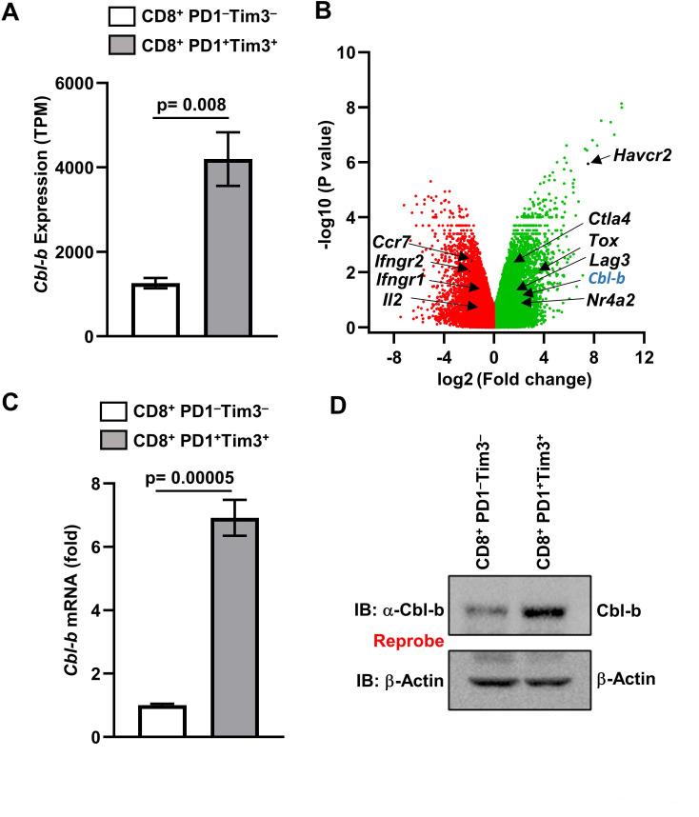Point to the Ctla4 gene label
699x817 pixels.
click(x=610, y=219)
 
